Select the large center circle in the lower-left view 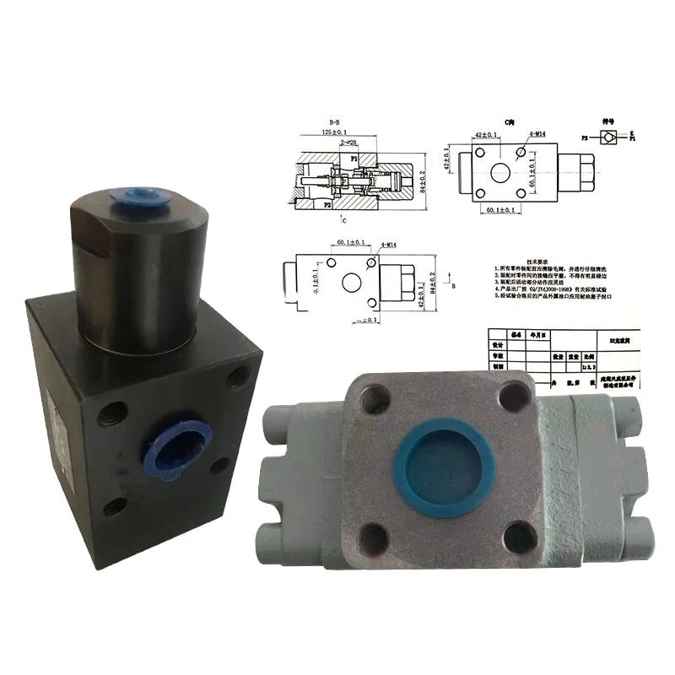point(349,281)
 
